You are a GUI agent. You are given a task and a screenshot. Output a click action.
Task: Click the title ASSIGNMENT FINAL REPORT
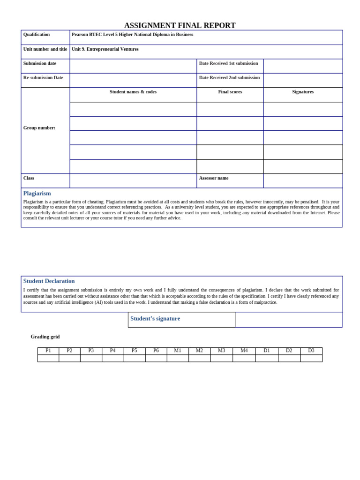(x=180, y=25)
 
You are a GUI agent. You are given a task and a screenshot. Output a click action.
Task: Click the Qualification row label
(x=37, y=35)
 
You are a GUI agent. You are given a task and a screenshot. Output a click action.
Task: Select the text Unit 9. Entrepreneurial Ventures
(x=105, y=49)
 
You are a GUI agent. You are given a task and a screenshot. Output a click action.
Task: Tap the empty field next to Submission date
(x=133, y=66)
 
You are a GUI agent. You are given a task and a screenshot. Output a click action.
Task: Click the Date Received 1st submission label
(x=228, y=63)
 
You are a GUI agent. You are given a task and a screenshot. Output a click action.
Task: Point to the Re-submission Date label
(x=43, y=78)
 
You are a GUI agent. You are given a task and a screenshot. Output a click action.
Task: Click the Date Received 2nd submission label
(x=229, y=78)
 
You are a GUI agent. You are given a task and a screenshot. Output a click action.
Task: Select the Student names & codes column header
(x=133, y=92)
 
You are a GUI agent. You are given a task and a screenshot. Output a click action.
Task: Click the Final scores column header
(x=230, y=92)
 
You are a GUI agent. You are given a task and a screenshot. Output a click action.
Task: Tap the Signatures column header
(x=303, y=92)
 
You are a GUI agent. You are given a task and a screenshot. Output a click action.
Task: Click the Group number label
(x=39, y=128)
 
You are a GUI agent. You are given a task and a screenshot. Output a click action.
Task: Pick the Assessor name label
(x=214, y=178)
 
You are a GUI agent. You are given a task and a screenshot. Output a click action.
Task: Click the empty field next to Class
(x=133, y=181)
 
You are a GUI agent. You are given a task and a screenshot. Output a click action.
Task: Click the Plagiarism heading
(x=37, y=193)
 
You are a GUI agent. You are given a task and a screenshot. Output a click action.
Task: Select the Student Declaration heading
(x=49, y=281)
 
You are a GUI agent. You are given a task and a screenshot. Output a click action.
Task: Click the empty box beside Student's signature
(x=288, y=320)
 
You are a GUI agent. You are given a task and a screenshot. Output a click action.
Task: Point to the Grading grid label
(x=45, y=337)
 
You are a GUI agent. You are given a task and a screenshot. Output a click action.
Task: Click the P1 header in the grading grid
(x=48, y=351)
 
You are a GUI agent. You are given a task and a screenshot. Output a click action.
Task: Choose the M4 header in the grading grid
(x=244, y=351)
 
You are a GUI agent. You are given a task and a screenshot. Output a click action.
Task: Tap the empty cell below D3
(x=311, y=358)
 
